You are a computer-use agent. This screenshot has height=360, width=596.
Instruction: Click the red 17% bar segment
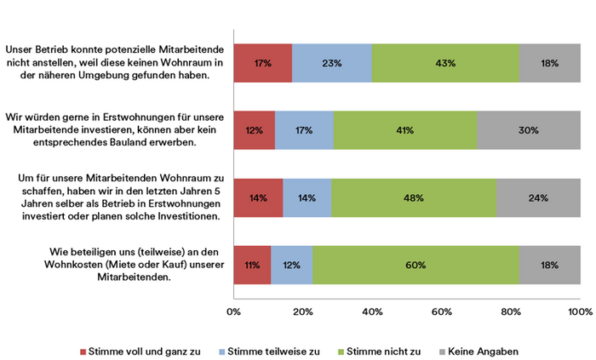pyautogui.click(x=262, y=63)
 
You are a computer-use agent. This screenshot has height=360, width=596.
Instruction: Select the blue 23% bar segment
pyautogui.click(x=332, y=63)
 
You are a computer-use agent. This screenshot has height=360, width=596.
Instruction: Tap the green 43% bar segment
pyautogui.click(x=445, y=63)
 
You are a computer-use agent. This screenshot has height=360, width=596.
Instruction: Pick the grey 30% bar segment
pyautogui.click(x=528, y=130)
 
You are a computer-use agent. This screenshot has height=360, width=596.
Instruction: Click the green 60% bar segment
pyautogui.click(x=415, y=265)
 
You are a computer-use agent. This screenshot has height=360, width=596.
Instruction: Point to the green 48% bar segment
pyautogui.click(x=414, y=197)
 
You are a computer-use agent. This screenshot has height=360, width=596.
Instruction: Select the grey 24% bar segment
pyautogui.click(x=538, y=197)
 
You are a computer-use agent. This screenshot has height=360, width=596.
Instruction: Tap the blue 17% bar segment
pyautogui.click(x=304, y=130)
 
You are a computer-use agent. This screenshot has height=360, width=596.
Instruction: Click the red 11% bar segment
pyautogui.click(x=252, y=265)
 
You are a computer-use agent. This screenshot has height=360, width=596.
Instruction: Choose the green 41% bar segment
pyautogui.click(x=404, y=130)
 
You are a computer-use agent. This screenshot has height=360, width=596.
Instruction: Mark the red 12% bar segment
pyautogui.click(x=254, y=130)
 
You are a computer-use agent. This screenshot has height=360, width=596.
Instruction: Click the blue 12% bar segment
pyautogui.click(x=292, y=265)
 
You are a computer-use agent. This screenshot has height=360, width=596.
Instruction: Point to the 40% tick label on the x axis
pyautogui.click(x=372, y=312)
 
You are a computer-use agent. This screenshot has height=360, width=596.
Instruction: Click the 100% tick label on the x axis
pyautogui.click(x=580, y=312)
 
